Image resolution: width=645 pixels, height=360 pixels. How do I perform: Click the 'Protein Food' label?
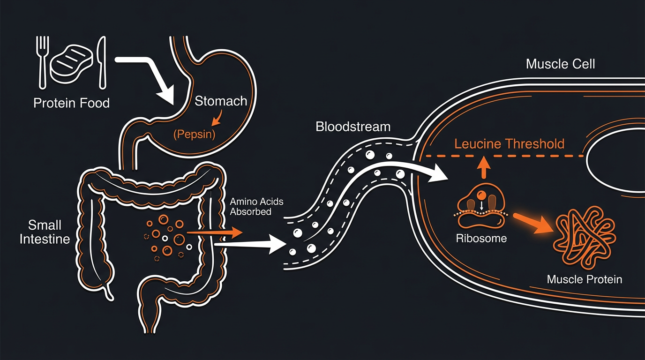coord(71,103)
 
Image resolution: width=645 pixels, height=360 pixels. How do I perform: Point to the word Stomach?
coord(221,101)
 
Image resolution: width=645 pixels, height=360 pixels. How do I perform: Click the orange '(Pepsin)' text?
coord(194,135)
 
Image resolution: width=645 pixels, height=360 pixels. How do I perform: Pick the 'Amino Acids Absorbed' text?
coord(256,206)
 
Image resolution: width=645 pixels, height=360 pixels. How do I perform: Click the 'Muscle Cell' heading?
coord(560,64)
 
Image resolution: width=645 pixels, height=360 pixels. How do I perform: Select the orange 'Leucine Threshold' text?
coord(509,143)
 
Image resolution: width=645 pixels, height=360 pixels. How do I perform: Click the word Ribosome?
coord(481,238)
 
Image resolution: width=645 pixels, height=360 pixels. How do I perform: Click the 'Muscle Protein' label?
coord(584,279)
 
